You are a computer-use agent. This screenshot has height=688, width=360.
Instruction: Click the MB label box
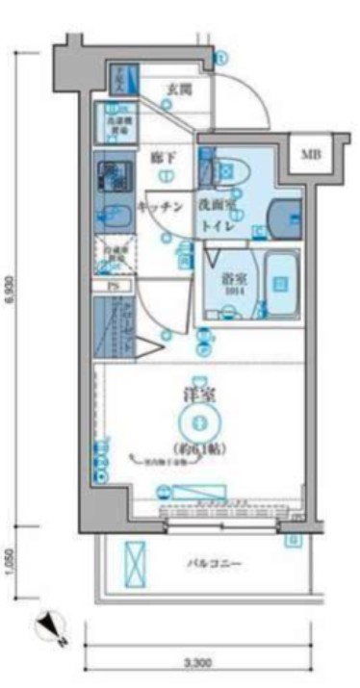tap(312, 154)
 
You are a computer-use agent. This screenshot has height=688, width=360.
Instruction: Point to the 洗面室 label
tap(219, 206)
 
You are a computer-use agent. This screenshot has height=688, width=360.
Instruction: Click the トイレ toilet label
tap(218, 227)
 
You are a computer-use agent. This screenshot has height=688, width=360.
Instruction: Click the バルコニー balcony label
tap(214, 563)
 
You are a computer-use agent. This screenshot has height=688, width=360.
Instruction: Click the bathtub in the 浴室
tap(278, 283)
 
